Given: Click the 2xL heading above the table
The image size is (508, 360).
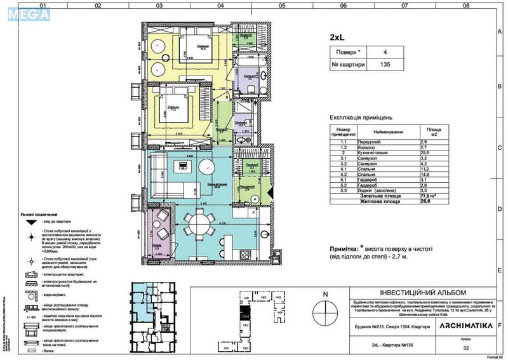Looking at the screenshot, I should click(338, 37).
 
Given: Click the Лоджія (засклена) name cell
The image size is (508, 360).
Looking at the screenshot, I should click(380, 190).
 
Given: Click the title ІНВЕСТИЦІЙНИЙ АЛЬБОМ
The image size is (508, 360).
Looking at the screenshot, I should click(385, 291).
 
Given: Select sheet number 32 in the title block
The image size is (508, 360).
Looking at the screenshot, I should click(466, 347).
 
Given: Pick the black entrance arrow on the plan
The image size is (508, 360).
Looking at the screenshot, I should click(271, 190).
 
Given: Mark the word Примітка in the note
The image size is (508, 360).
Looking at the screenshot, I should click(347, 250).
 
